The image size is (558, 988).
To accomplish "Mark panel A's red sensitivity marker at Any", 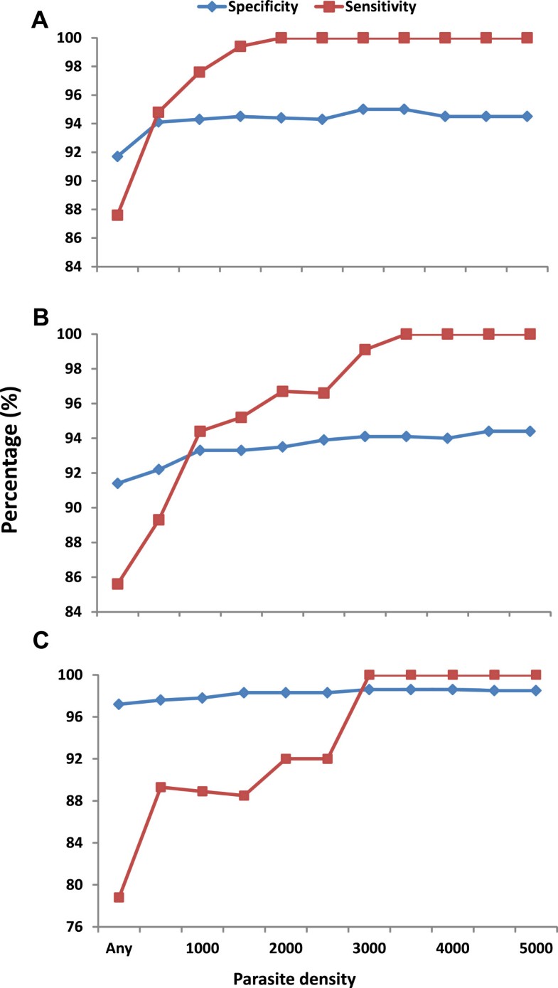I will [x=118, y=215].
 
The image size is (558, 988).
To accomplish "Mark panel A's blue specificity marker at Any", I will [x=118, y=156].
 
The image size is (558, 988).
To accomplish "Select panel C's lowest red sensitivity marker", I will [x=118, y=897].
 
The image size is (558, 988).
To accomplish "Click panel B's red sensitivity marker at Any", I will [x=118, y=584].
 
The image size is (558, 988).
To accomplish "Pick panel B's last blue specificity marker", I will [x=527, y=431].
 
